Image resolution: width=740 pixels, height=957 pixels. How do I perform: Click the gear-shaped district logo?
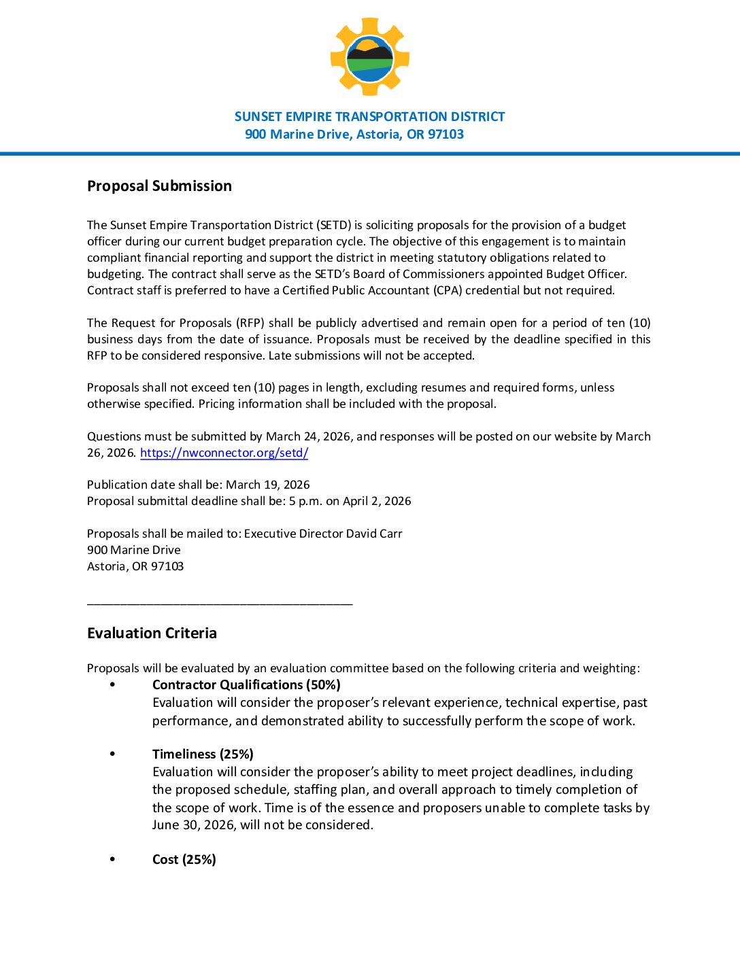pos(369,57)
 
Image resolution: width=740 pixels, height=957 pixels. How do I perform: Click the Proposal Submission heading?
pos(159,186)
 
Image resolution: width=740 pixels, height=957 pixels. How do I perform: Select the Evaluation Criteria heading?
pos(152,633)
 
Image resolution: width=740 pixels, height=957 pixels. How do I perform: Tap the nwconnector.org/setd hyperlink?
pos(224,453)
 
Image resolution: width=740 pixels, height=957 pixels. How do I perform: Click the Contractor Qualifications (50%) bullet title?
pos(246,685)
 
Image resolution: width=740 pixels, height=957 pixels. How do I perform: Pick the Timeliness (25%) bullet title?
pos(203,754)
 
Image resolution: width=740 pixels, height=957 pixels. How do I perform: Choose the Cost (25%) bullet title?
pos(184,860)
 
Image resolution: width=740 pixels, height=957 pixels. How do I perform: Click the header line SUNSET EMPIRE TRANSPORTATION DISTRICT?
pos(369,117)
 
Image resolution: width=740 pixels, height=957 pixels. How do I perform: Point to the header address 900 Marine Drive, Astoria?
pos(354,135)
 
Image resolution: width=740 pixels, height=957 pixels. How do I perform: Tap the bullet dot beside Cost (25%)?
pos(112,859)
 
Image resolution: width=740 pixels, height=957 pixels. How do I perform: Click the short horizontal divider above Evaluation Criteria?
pos(220,603)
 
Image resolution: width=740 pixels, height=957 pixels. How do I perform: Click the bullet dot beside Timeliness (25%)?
pos(112,754)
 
